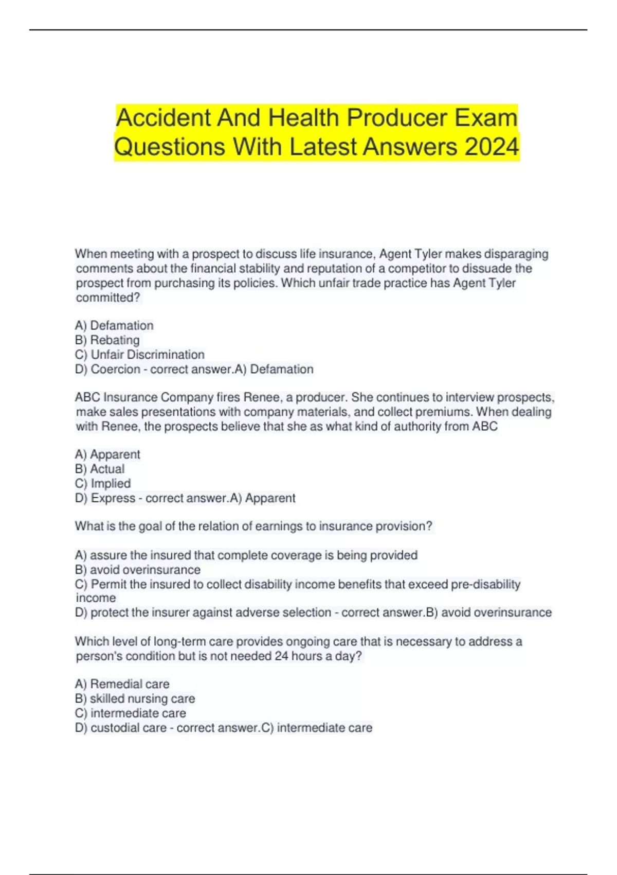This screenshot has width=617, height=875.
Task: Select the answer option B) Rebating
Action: tap(107, 340)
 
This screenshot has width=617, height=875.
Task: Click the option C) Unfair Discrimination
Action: tap(139, 355)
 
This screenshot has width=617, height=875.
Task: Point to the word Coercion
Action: tap(115, 370)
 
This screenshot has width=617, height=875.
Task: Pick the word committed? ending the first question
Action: tap(108, 297)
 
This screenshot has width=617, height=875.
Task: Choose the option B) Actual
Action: tap(100, 469)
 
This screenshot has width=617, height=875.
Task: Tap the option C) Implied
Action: tap(103, 484)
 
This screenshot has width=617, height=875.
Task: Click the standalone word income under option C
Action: tap(96, 598)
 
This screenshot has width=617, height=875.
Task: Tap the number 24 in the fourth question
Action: tap(281, 656)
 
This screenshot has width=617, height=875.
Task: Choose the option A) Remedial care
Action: tap(122, 684)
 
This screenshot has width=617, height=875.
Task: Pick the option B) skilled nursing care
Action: tap(135, 699)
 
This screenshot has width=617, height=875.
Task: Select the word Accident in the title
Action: tap(164, 118)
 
